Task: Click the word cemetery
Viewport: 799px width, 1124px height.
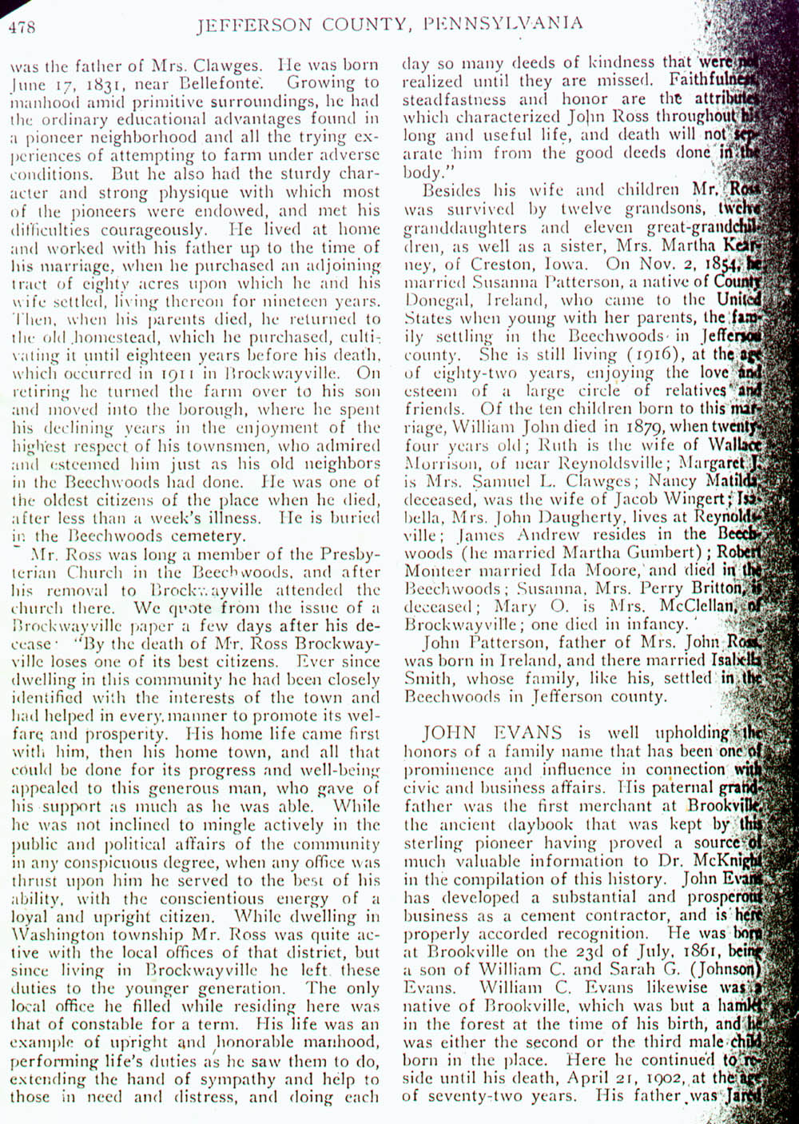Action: [x=210, y=536]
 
